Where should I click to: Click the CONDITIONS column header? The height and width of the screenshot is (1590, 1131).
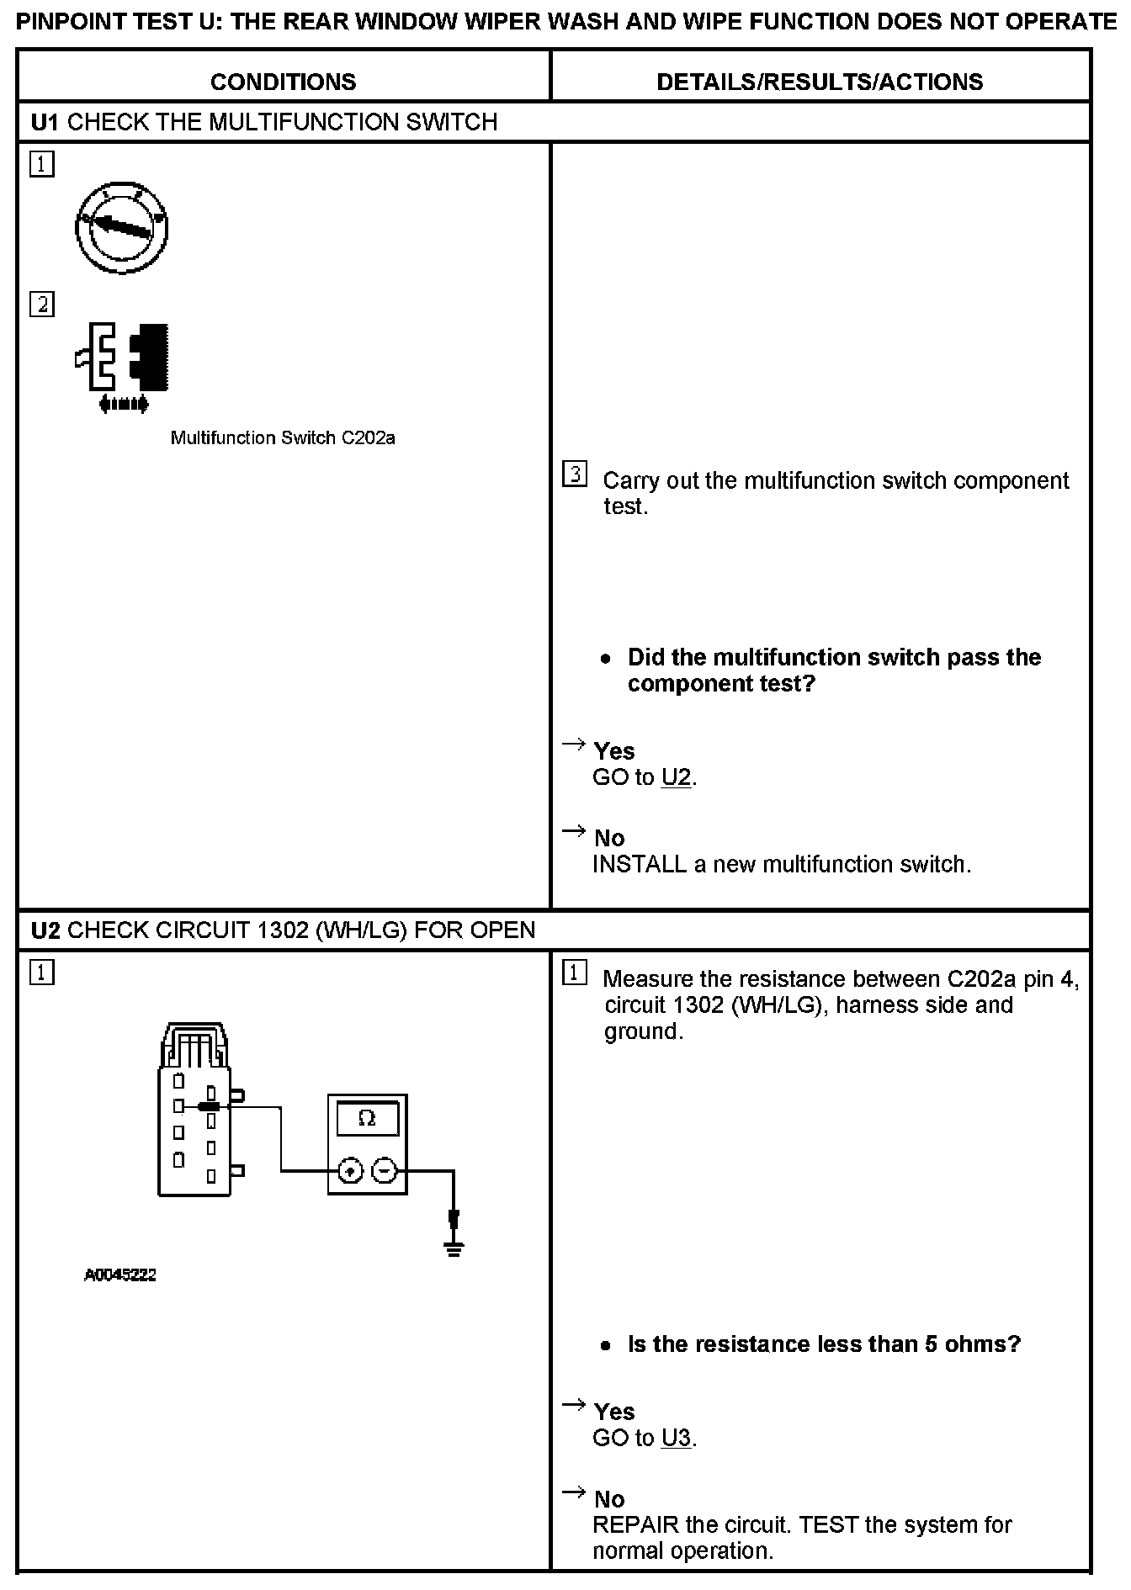click(283, 82)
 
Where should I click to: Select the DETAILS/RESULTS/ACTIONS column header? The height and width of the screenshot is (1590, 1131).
click(819, 82)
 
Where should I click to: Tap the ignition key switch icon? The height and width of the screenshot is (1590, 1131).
click(123, 226)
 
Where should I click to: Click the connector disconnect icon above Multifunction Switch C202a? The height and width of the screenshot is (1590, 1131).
click(123, 367)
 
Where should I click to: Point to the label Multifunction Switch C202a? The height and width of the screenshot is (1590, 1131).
click(283, 438)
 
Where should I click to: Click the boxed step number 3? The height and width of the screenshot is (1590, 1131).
click(574, 474)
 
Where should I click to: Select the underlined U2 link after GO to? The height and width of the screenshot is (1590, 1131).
click(676, 777)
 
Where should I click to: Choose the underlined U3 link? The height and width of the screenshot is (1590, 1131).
click(676, 1438)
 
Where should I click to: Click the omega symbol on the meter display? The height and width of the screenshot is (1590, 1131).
click(367, 1118)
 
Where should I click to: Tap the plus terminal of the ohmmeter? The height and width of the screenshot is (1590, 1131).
click(351, 1170)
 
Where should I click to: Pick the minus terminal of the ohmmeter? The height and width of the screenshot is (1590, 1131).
click(384, 1170)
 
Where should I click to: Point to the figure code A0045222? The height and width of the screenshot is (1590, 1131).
click(120, 1275)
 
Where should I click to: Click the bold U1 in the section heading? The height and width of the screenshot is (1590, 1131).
click(45, 123)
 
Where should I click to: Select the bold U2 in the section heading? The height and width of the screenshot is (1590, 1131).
click(45, 930)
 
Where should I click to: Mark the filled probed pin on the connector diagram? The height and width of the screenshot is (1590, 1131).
click(209, 1107)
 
